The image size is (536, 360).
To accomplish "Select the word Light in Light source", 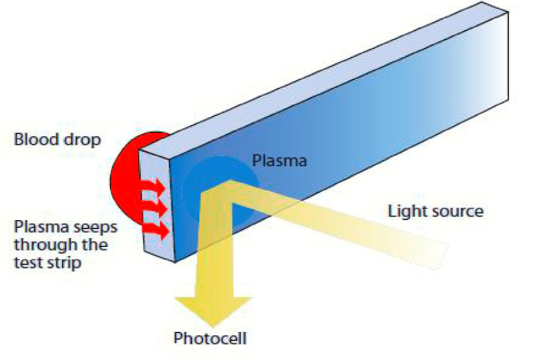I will [x=405, y=211].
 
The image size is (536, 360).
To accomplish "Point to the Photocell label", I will [x=210, y=338].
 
